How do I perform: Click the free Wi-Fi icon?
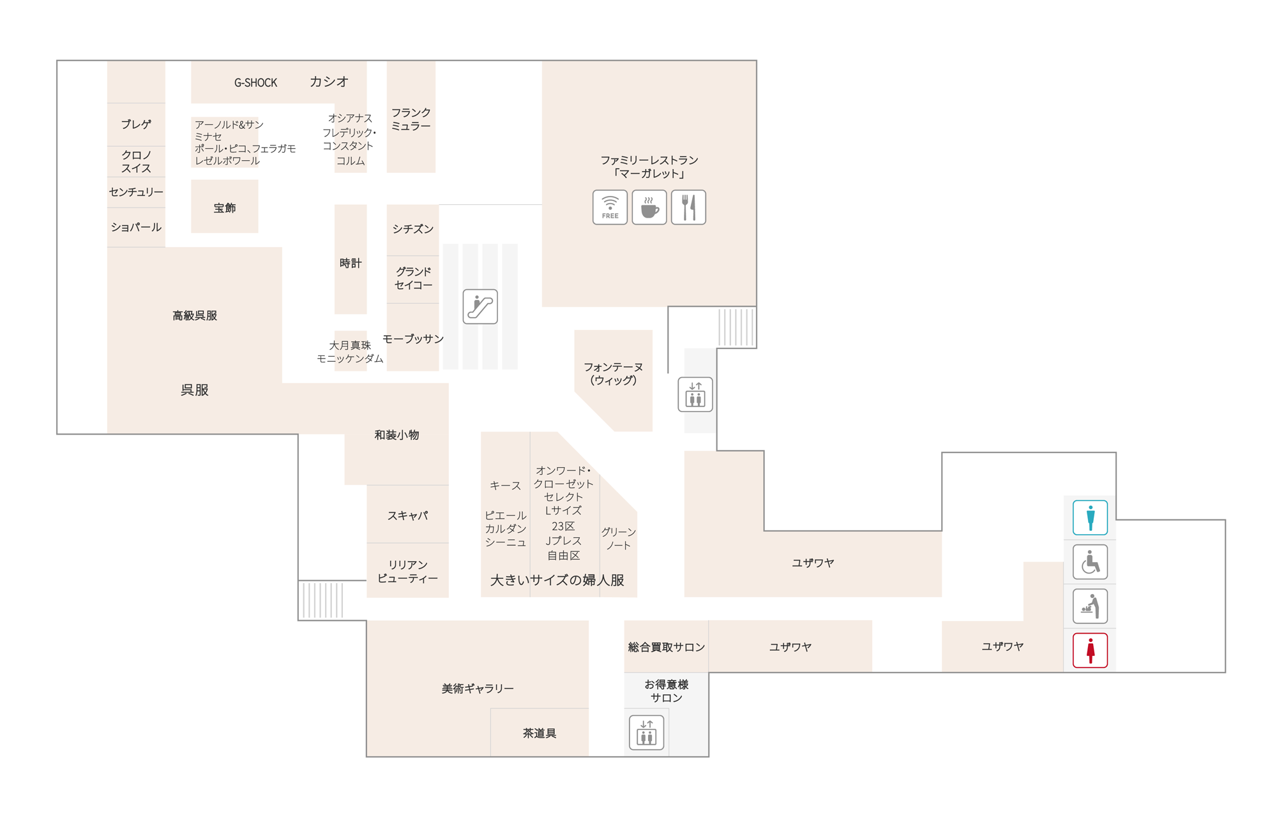610,207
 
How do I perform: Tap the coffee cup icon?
649,207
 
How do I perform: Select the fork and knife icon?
688,207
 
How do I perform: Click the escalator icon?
480,306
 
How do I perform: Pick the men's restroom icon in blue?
1090,517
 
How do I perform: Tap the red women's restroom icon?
1090,650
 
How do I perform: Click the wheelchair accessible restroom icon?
1090,562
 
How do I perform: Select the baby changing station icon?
1090,606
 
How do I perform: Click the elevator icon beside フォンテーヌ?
695,394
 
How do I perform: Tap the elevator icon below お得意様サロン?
647,732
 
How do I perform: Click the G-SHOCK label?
255,82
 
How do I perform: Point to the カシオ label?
329,82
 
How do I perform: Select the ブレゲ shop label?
136,124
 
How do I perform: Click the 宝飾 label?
225,208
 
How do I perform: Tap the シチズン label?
413,229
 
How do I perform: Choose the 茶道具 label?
540,733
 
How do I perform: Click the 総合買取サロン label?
667,647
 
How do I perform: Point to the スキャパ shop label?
407,516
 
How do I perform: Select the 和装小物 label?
397,435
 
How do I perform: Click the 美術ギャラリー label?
478,689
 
